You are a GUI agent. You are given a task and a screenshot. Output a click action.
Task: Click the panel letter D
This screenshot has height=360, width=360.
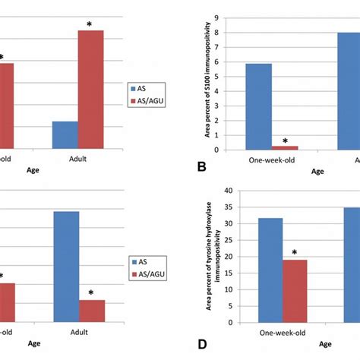click(204, 344)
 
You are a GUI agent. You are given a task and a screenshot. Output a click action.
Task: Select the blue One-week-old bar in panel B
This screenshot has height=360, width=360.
click(259, 106)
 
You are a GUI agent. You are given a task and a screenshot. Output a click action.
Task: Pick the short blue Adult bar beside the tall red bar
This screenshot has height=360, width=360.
click(65, 134)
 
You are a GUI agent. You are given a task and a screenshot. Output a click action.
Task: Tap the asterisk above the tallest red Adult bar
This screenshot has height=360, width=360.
click(90, 24)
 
